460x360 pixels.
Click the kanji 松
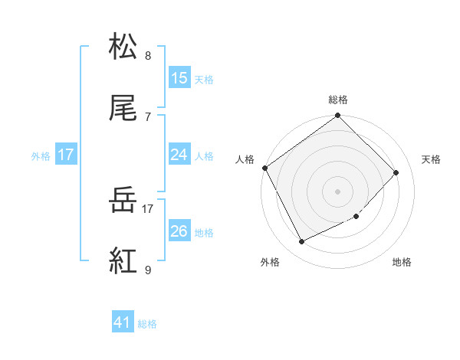click(x=123, y=47)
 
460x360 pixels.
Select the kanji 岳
click(x=123, y=201)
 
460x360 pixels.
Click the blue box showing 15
click(x=179, y=78)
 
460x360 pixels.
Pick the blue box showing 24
click(x=179, y=155)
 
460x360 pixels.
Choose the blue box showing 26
click(x=179, y=231)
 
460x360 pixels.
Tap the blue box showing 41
click(x=123, y=323)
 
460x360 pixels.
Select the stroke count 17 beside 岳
click(x=148, y=207)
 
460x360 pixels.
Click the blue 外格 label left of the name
click(x=41, y=155)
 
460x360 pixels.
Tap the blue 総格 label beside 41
click(x=147, y=324)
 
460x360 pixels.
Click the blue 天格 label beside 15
click(x=203, y=79)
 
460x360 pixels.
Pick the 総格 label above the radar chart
click(x=338, y=100)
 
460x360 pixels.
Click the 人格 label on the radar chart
click(x=245, y=159)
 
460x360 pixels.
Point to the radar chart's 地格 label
click(x=402, y=263)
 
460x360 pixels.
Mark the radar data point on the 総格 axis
click(x=338, y=116)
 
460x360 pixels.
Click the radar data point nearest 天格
click(x=396, y=172)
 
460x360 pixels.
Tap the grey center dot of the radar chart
click(x=338, y=191)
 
